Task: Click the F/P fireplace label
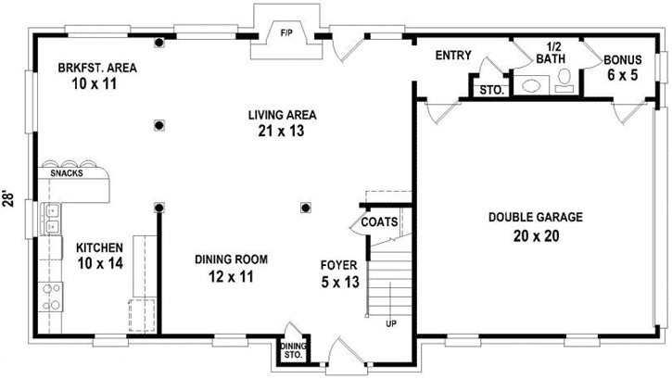point(286,34)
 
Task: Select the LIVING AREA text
point(283,116)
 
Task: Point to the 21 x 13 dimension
point(283,132)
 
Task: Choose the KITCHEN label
point(99,247)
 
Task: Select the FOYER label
point(339,265)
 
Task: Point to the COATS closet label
point(379,222)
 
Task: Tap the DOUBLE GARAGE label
point(536,218)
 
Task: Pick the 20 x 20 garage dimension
point(536,234)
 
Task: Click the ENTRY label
point(455,56)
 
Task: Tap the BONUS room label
point(623,60)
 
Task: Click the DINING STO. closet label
point(293,349)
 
